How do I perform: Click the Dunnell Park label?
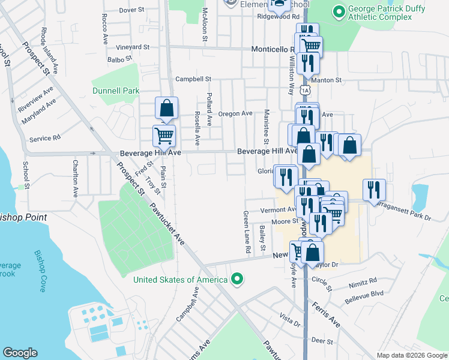pyautogui.click(x=116, y=91)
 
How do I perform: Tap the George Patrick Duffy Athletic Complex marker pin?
pyautogui.click(x=339, y=11)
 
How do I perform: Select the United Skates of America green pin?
pyautogui.click(x=237, y=279)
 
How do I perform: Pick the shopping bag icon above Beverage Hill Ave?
pyautogui.click(x=167, y=108)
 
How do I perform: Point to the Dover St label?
pyautogui.click(x=132, y=10)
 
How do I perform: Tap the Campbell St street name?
pyautogui.click(x=193, y=79)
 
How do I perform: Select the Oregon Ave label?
pyautogui.click(x=235, y=113)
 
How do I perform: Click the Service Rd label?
pyautogui.click(x=49, y=138)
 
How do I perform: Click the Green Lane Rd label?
pyautogui.click(x=246, y=231)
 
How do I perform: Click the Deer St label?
pyautogui.click(x=322, y=341)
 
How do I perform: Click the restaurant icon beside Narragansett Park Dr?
pyautogui.click(x=374, y=190)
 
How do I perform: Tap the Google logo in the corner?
pyautogui.click(x=20, y=353)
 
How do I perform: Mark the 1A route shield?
pyautogui.click(x=306, y=90)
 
